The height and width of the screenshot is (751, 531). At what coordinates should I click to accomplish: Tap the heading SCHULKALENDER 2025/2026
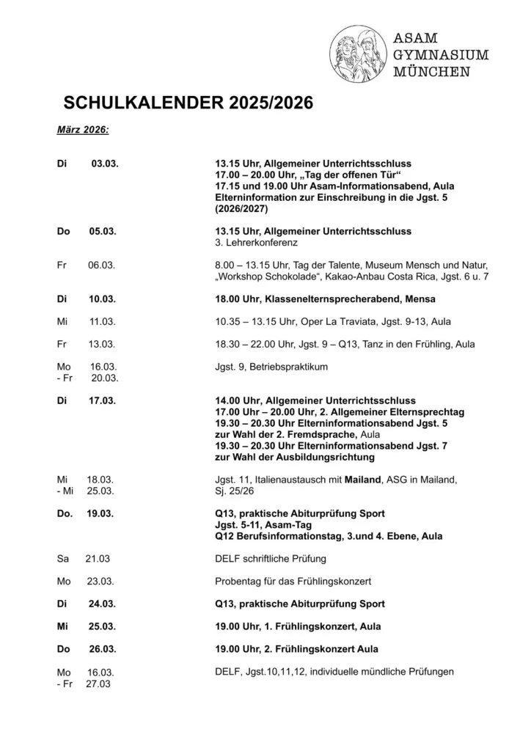coord(188,103)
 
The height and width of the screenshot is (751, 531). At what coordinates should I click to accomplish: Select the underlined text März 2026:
coord(83,129)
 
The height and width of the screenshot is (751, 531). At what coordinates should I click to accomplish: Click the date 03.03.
coord(105,164)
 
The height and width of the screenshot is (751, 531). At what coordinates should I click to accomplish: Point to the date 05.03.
coord(103,231)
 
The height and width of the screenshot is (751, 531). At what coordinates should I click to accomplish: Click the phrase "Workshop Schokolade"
coord(264,276)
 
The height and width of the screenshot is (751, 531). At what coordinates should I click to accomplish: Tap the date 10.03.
coord(103,299)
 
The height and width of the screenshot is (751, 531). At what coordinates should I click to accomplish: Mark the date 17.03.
coord(103,400)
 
